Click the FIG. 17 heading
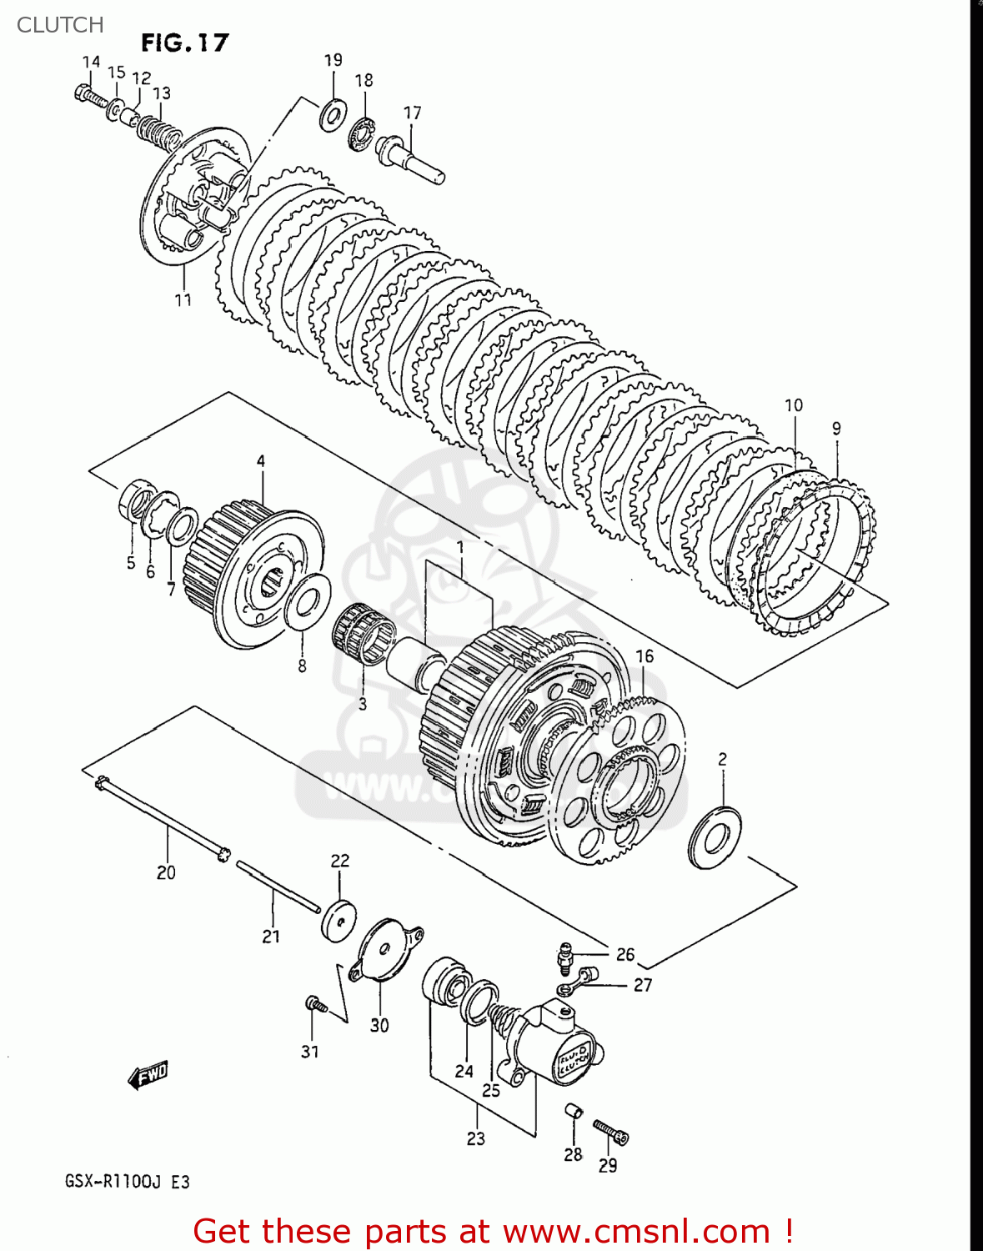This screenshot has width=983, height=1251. [x=184, y=43]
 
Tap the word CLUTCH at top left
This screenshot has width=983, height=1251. [x=60, y=25]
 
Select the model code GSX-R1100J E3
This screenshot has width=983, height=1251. [x=128, y=1182]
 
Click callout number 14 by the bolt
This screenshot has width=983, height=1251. [x=91, y=62]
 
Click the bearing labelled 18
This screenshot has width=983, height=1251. [x=363, y=133]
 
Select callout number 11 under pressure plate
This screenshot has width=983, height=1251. [x=183, y=299]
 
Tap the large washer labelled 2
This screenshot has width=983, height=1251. [x=715, y=837]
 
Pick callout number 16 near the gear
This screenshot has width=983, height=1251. [x=644, y=656]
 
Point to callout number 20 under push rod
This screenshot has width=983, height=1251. [x=166, y=872]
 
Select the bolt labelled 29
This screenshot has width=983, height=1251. [x=611, y=1132]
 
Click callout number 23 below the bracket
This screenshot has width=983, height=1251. [x=475, y=1138]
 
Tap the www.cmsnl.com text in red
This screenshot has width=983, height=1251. [x=636, y=1231]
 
